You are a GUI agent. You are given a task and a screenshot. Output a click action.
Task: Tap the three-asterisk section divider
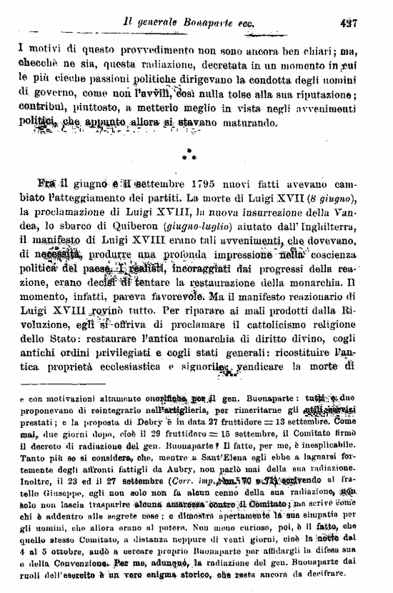(189, 154)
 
